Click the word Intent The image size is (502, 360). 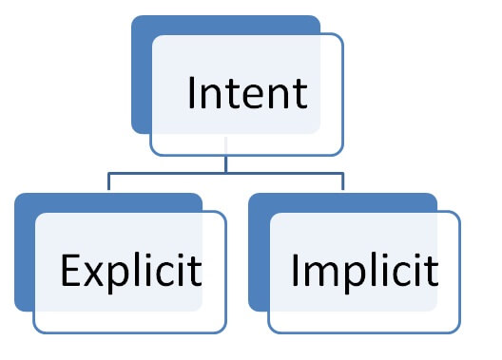[x=247, y=93]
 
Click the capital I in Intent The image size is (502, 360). [x=193, y=93]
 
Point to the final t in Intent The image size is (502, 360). [x=299, y=94]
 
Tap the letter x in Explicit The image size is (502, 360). [x=92, y=275]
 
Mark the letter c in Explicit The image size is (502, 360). [x=165, y=275]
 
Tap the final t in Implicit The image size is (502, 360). [x=432, y=272]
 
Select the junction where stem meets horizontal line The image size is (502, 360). [x=226, y=173]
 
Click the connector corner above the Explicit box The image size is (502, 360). [x=108, y=174]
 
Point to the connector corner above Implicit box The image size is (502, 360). [x=343, y=174]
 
